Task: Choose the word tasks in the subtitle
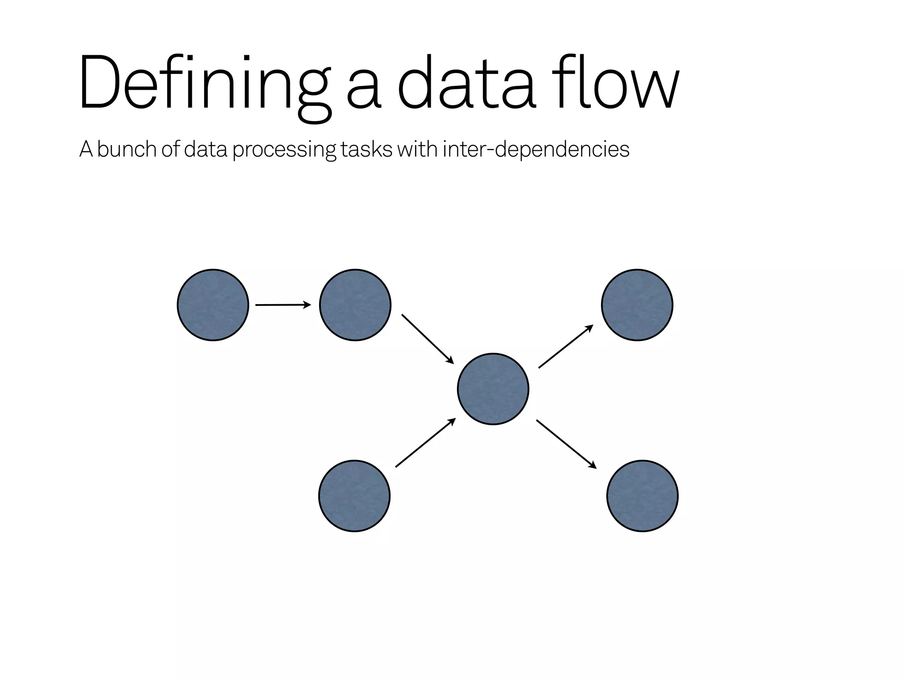click(x=366, y=149)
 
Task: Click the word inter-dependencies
click(x=536, y=149)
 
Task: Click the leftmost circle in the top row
click(x=213, y=305)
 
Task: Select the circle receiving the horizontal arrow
click(x=355, y=305)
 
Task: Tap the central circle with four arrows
click(x=493, y=389)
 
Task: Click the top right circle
click(x=637, y=305)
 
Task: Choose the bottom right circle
click(x=643, y=496)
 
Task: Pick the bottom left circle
click(x=354, y=496)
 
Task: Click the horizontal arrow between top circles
click(x=283, y=305)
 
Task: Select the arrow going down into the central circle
click(x=428, y=339)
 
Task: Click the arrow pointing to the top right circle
click(x=566, y=346)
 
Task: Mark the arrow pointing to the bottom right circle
click(x=567, y=444)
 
